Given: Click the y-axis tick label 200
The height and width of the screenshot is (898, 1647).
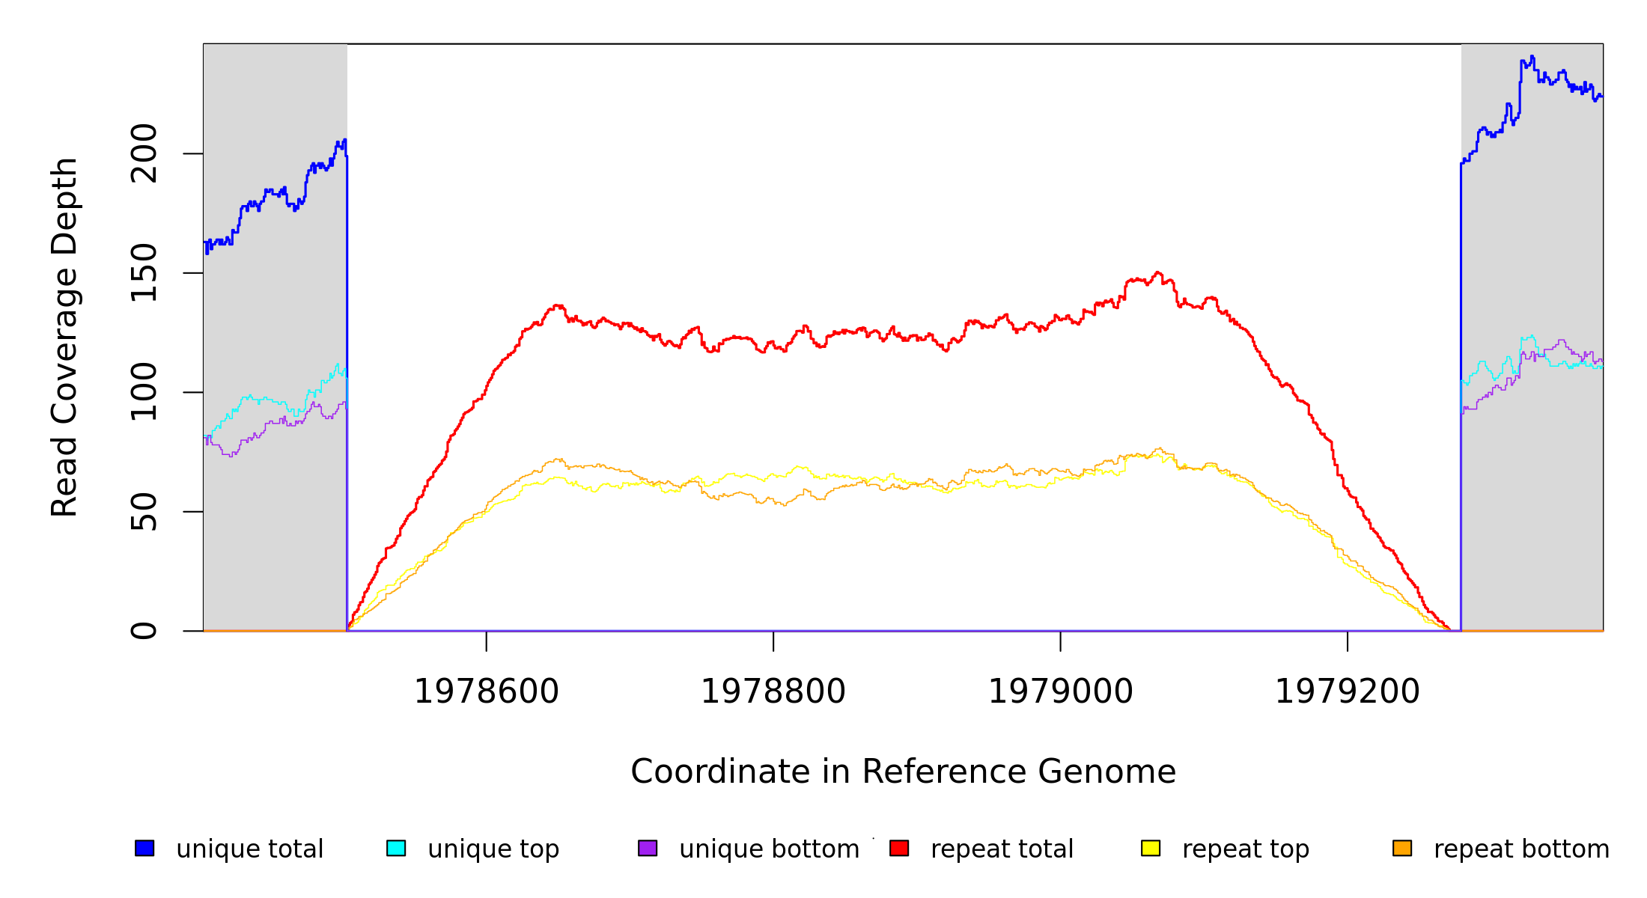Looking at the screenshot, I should pos(144,153).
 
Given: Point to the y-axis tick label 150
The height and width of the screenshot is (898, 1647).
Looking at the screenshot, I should pos(144,273).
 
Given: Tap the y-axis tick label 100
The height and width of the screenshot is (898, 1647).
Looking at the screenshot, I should pos(144,392).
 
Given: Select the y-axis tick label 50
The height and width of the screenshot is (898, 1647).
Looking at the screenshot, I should pos(144,512).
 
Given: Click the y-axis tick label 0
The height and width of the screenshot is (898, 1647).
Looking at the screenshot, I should pos(144,631).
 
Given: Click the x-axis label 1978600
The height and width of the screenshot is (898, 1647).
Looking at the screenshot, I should pos(487,691).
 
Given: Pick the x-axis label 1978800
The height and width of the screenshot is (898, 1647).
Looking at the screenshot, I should pos(773,691).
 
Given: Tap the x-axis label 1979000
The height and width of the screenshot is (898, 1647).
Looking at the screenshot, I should pos(1061,691).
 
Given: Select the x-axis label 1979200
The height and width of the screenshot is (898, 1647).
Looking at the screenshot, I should pos(1348,691).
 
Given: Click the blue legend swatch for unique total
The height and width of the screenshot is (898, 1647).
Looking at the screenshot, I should pos(144,848).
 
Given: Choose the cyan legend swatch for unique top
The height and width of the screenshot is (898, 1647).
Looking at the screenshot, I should pos(396,848).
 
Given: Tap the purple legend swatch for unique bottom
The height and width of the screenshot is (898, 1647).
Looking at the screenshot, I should pos(648,848).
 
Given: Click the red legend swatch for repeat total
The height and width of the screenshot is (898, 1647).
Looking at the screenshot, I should pos(899,848).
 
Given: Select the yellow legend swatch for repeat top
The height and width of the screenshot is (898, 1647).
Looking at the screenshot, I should pos(1151,848).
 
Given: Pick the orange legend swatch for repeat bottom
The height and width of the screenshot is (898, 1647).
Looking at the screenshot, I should pos(1402,848).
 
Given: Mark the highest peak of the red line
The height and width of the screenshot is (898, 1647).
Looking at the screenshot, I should pos(1157,272).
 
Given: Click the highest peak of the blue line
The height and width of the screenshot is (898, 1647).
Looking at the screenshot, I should pos(1532,57).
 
